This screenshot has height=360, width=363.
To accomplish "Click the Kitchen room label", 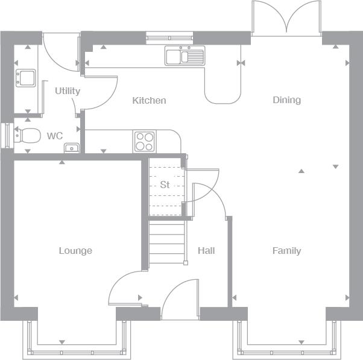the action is [149, 101].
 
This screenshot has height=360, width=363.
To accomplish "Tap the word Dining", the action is [287, 100].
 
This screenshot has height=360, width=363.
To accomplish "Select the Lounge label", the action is [75, 251].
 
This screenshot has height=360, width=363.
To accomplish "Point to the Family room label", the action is [287, 251].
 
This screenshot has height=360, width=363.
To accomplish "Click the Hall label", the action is [206, 250].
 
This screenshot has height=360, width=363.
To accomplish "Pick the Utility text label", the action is [68, 91].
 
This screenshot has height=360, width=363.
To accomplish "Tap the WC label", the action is [55, 136].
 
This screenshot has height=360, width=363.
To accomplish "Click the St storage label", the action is [165, 185].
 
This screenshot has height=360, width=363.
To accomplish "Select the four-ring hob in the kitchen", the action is [145, 141].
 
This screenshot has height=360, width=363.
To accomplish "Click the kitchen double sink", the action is [185, 55].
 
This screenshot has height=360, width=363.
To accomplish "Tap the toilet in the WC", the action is [27, 136].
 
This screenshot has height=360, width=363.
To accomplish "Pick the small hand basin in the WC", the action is [72, 148].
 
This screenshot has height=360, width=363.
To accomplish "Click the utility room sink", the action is [26, 78].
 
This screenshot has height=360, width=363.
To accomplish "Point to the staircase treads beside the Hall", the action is [166, 242].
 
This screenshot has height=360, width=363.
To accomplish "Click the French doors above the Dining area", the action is [286, 19].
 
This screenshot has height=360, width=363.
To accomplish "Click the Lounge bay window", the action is [77, 341].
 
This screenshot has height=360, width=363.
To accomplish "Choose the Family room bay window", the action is [286, 341].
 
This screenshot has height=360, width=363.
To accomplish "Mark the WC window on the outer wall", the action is [7, 136].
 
